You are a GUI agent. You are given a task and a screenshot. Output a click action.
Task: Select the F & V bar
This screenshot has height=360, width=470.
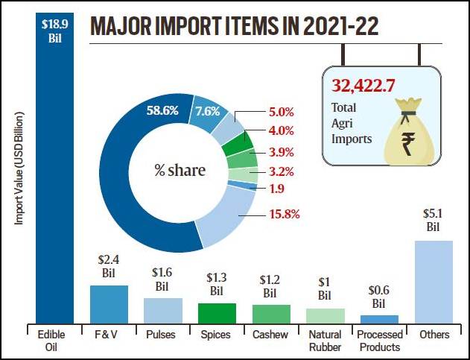point(109,303)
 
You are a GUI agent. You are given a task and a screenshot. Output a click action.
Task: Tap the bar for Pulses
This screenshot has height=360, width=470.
point(162,309)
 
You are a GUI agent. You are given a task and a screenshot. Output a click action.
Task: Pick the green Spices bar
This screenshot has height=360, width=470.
point(217,312)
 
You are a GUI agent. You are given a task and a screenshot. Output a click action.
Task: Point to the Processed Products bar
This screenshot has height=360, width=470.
point(379,318)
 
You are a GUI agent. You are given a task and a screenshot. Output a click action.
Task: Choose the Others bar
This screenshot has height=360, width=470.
point(433,281)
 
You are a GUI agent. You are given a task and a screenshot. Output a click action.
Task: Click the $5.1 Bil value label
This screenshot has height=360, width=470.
point(433,220)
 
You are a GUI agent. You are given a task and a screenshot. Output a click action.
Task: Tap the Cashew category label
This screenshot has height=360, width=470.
point(271,335)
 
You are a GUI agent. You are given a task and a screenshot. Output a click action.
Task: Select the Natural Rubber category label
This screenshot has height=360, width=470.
point(325,341)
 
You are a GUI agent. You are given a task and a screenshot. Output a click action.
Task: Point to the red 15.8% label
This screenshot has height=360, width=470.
point(282,215)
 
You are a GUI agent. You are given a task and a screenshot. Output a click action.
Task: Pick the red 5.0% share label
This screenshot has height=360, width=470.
point(281,113)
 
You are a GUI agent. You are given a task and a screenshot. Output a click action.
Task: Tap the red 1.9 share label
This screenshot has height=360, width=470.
point(277,188)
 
